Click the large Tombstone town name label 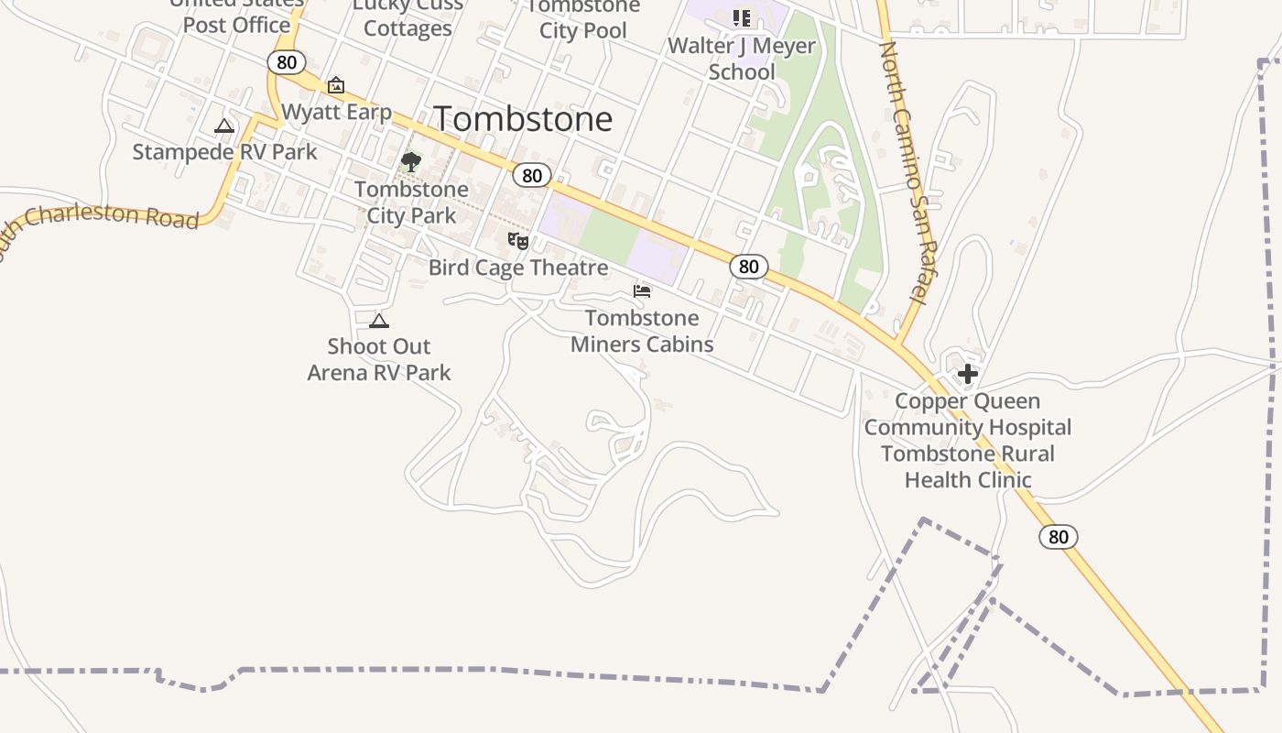coord(523,119)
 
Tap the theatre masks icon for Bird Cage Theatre coord(518,241)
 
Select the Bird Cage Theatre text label coord(518,268)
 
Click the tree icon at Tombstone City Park coord(411,163)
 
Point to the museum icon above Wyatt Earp coord(336,85)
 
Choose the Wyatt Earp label coord(336,112)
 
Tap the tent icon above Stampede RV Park coord(224,126)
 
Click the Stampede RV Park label coord(224,151)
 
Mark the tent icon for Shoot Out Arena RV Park coord(379,321)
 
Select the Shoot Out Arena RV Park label coord(379,359)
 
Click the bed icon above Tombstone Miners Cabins coord(642,291)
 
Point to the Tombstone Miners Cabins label coord(642,331)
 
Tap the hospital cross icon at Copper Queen coord(968,374)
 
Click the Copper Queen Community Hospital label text coord(968,414)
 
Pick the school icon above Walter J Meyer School coord(742,18)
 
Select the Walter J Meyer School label coord(742,59)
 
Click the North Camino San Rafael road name coord(903,174)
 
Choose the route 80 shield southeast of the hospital coord(1058,537)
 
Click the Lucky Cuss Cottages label coord(407,18)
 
